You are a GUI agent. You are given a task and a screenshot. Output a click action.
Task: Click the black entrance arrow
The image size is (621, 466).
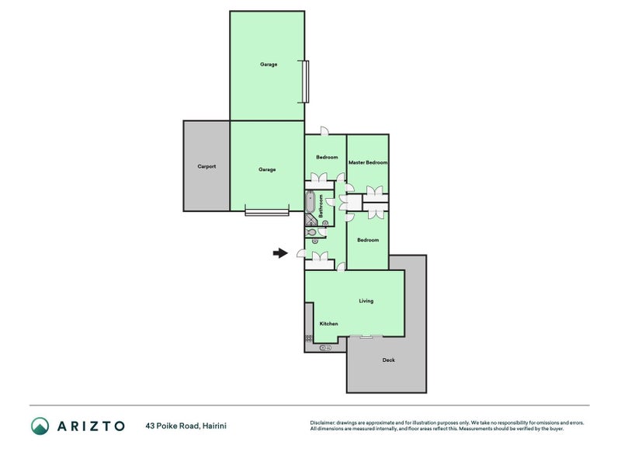(x=280, y=253)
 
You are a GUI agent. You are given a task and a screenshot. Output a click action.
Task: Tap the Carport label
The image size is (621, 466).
(x=206, y=166)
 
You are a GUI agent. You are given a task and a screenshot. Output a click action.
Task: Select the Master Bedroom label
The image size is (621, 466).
(x=368, y=162)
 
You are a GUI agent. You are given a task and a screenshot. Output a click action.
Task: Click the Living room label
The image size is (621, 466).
(x=366, y=301)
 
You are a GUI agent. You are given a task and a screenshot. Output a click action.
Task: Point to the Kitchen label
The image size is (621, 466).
(x=328, y=324)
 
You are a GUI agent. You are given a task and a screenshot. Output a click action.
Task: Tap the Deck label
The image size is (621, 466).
(x=389, y=360)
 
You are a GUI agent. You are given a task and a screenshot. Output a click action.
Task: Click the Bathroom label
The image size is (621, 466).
(x=321, y=206)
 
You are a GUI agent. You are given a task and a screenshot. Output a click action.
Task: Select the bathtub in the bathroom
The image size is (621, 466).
(x=310, y=202)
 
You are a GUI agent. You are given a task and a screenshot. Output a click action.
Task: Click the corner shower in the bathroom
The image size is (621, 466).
(x=311, y=220)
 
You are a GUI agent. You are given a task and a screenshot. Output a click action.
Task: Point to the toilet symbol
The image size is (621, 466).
(x=312, y=232)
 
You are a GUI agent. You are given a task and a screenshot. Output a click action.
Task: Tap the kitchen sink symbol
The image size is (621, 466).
(x=325, y=348)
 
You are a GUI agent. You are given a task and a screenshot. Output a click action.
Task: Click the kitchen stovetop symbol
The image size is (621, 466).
(x=308, y=338)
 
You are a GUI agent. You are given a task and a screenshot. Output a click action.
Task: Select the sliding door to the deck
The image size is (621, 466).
(x=366, y=337)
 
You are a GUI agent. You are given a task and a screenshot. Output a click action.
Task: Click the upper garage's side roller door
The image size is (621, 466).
(x=305, y=82)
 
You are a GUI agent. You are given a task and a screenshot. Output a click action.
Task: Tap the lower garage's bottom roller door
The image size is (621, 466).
(x=267, y=213)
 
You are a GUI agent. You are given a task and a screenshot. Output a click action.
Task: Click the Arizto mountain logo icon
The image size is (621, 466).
(x=40, y=426)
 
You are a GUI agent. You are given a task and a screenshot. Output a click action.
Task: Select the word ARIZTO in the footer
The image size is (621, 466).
(x=91, y=426)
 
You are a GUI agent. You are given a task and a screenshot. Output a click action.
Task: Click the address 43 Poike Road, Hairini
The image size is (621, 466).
(x=186, y=426)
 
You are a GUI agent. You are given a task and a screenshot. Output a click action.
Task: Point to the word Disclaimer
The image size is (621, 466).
(x=322, y=423)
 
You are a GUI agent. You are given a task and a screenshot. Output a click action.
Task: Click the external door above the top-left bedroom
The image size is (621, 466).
(x=324, y=131)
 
